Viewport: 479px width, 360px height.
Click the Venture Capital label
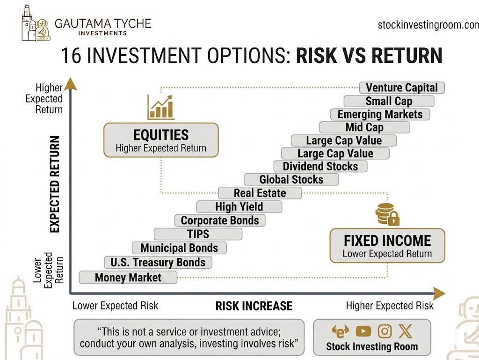click(x=402, y=88)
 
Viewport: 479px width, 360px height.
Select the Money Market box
click(x=128, y=278)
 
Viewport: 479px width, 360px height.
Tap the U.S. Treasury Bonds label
click(x=158, y=262)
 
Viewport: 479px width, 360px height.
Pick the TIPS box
click(x=198, y=234)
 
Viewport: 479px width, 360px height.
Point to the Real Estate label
click(x=260, y=193)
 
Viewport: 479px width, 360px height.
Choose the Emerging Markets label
click(x=380, y=114)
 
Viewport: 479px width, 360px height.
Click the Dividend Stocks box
click(x=320, y=166)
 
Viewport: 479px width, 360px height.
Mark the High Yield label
click(x=239, y=206)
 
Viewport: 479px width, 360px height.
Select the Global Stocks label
click(x=291, y=179)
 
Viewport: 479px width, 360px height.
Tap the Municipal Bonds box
click(x=179, y=248)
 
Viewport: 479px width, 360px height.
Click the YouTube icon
click(x=363, y=331)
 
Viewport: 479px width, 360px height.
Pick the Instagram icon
click(x=385, y=331)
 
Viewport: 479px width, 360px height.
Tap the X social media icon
click(x=405, y=331)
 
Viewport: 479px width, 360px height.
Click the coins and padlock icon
click(x=387, y=214)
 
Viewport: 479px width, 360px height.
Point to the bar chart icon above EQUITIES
click(x=160, y=107)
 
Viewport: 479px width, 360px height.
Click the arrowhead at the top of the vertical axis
click(x=70, y=84)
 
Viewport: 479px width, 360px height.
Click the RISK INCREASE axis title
click(x=254, y=306)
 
